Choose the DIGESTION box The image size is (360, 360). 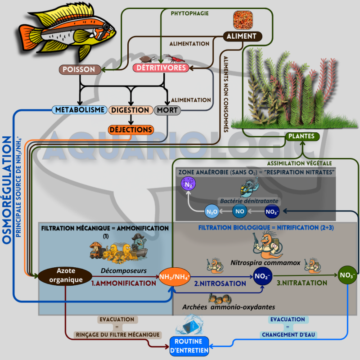point(130,110)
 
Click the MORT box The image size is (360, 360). point(167,110)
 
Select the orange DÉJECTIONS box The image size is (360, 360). point(131,130)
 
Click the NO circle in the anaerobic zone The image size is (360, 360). point(240,211)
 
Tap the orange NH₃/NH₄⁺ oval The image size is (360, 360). point(175,275)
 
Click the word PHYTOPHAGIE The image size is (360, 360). point(189,13)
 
